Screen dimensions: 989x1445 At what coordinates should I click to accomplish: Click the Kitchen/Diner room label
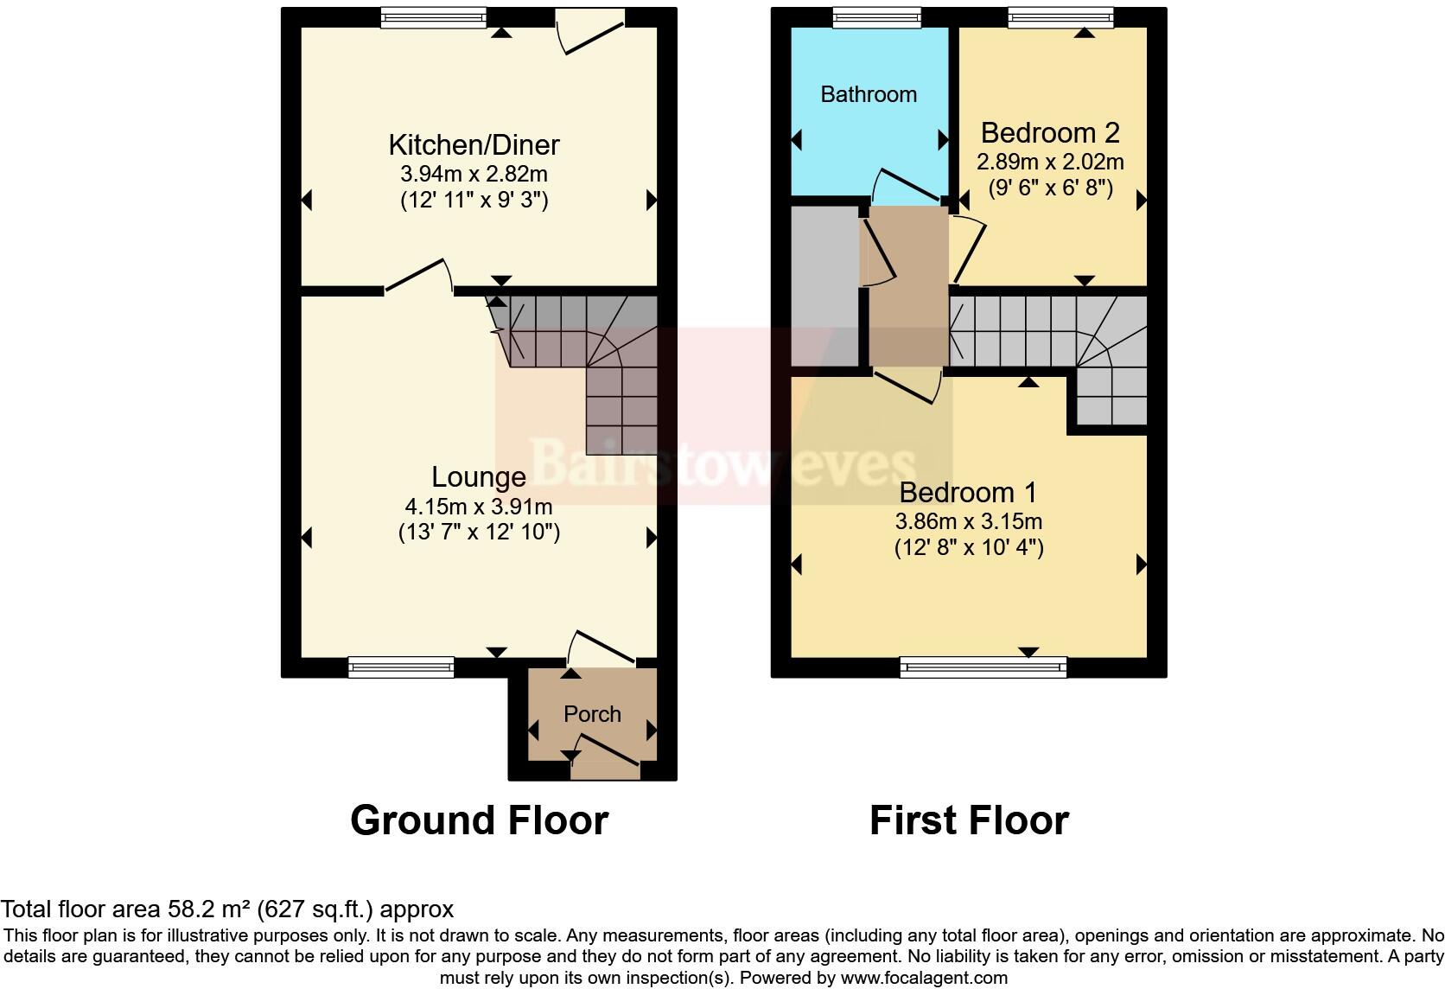pos(474,144)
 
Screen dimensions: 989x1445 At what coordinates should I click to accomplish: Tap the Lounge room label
pos(478,476)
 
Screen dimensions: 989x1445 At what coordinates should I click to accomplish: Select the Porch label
pos(592,714)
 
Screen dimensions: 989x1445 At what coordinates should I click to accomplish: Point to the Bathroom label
pos(869,94)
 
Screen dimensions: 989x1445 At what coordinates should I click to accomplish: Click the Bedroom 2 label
pos(1050,133)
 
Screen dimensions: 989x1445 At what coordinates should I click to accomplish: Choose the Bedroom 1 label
pos(968,493)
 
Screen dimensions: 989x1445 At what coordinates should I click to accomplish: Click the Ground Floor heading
pos(479,820)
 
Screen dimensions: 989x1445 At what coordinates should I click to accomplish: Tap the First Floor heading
pos(969,820)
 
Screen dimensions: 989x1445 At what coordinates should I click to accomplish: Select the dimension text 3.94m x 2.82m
pos(474,174)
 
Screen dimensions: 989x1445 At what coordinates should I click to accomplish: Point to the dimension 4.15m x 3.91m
pos(478,506)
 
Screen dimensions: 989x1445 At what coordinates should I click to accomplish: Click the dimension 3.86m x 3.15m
pos(968,521)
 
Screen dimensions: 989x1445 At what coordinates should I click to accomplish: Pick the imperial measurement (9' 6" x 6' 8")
pos(1050,188)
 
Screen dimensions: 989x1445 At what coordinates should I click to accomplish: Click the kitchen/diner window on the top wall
pos(433,17)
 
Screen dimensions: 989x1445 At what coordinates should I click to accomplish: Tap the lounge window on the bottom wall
pos(401,667)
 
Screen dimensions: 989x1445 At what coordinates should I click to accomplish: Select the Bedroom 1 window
pos(983,667)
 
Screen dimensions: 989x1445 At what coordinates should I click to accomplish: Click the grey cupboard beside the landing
pos(824,285)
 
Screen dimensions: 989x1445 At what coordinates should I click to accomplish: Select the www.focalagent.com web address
pos(924,978)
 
